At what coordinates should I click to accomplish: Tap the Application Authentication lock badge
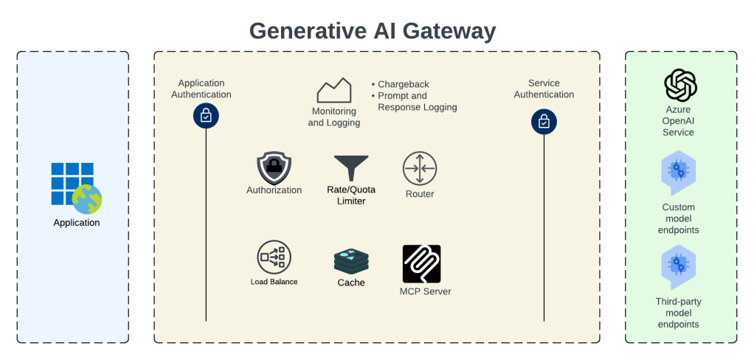[206, 116]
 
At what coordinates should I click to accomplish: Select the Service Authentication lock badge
[544, 122]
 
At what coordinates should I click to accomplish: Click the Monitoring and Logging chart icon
[333, 90]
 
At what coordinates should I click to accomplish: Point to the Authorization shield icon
[274, 168]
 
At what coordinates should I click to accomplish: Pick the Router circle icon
[420, 168]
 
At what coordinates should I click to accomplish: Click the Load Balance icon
[274, 257]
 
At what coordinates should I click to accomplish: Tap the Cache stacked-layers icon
[351, 260]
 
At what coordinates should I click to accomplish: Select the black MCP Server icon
[421, 263]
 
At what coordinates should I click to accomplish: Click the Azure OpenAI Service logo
[680, 86]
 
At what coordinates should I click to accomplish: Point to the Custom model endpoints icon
[678, 172]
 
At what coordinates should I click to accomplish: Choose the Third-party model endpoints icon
[678, 266]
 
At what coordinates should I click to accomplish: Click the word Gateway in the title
[443, 31]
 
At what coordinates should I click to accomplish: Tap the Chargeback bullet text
[403, 84]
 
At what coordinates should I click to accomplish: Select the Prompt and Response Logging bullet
[416, 101]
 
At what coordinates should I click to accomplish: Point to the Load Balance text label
[274, 282]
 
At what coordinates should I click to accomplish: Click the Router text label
[420, 194]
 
